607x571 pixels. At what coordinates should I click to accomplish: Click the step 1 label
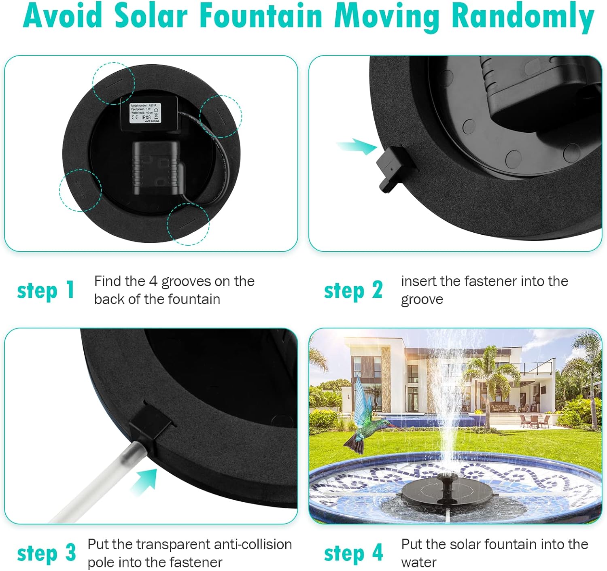(46, 291)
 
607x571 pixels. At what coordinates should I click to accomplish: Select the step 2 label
(353, 291)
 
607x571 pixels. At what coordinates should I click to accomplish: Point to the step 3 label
(46, 553)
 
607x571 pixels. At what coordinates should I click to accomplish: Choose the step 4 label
(353, 553)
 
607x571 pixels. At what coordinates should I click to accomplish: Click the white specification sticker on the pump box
(145, 113)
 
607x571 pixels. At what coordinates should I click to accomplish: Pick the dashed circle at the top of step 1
(113, 83)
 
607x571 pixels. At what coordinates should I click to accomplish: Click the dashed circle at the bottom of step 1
(189, 224)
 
